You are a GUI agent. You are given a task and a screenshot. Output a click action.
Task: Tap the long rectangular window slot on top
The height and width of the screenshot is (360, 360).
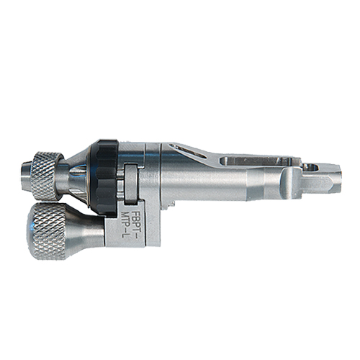click(x=259, y=161)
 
